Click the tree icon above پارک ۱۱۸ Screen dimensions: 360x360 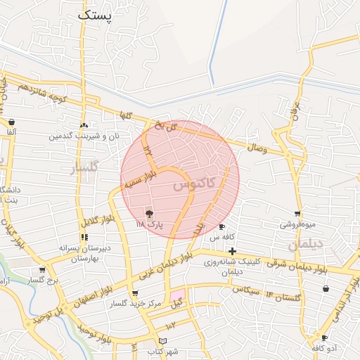click(x=149, y=213)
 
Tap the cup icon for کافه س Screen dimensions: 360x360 click(x=222, y=227)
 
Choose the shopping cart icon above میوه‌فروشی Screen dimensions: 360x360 click(x=297, y=214)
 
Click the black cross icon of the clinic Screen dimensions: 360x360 click(x=232, y=251)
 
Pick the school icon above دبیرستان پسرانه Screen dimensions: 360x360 click(x=84, y=237)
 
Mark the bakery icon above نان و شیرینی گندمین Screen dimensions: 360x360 click(x=84, y=124)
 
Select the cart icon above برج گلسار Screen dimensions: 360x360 click(x=42, y=269)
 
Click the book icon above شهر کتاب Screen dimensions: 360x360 click(x=163, y=341)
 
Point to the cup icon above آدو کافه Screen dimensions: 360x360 click(x=323, y=338)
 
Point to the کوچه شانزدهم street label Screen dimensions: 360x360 click(x=42, y=94)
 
